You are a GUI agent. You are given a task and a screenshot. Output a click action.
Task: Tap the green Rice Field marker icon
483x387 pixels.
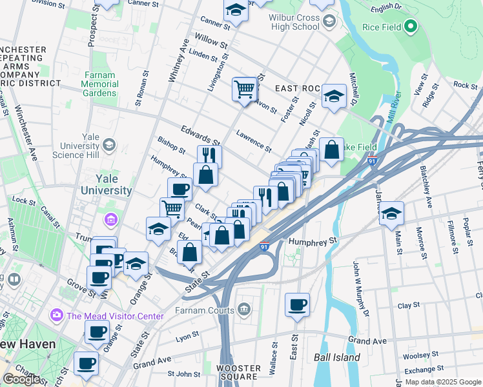409,27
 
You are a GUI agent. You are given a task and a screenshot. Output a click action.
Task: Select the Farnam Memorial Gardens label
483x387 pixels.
99,84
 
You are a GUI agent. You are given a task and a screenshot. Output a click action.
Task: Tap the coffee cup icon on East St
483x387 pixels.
297,304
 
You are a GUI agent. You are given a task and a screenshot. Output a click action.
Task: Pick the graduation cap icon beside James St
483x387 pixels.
391,213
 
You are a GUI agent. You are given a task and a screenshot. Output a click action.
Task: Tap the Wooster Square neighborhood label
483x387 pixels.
238,373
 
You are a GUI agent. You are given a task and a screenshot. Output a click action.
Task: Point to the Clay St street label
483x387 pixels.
409,305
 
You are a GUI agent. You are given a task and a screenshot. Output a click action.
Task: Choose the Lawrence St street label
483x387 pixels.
253,141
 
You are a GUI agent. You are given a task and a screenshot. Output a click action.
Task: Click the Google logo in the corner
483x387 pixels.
21,379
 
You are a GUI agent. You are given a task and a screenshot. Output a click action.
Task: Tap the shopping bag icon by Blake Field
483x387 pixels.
331,150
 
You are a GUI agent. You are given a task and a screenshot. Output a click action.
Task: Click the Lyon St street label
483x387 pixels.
187,336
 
